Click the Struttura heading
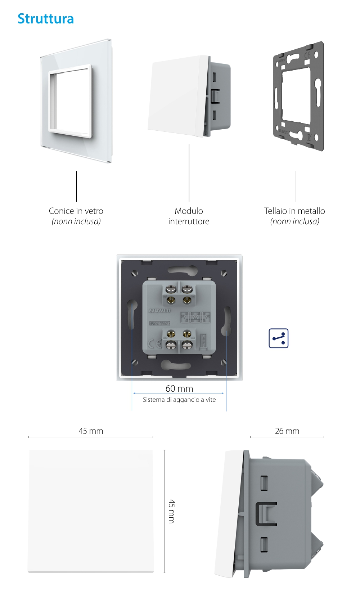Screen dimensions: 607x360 tap(46, 19)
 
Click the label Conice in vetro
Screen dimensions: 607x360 tap(76, 211)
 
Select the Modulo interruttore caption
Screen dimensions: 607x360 tap(189, 216)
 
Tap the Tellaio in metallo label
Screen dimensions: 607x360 tap(294, 211)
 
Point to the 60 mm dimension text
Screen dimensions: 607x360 tap(179, 388)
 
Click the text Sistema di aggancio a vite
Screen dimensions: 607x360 tap(179, 400)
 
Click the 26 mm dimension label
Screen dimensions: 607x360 tap(287, 431)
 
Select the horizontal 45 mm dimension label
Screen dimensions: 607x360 tap(91, 431)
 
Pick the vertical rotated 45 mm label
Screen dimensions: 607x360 tap(172, 511)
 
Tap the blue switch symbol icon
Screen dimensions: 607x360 tap(279, 338)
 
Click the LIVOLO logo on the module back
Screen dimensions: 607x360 tap(160, 310)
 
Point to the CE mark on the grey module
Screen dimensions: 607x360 tap(155, 344)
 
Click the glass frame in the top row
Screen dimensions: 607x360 tap(76, 101)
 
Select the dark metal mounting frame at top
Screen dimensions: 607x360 tap(298, 96)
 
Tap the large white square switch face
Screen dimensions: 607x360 tap(91, 511)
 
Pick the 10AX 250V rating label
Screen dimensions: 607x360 tap(159, 323)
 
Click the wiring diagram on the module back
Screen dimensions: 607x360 tap(195, 318)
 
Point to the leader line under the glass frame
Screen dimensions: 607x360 tap(76, 186)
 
